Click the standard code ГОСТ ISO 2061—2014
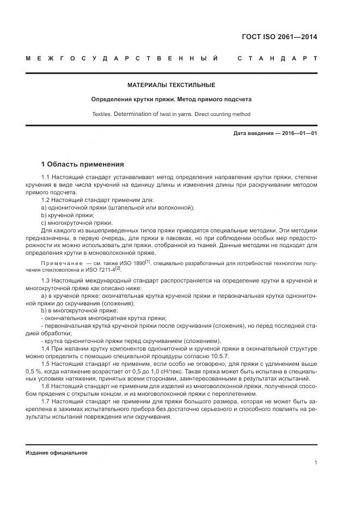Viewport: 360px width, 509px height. point(279,38)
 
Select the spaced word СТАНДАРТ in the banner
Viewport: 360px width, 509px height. point(277,58)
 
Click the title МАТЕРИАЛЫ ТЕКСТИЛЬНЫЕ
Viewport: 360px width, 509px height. point(171,85)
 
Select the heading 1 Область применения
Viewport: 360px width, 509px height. point(83,164)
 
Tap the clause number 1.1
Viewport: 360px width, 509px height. point(46,178)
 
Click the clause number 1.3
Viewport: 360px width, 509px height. point(46,280)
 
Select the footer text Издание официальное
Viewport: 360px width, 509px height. point(57,453)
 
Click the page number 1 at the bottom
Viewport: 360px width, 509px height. point(315,463)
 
